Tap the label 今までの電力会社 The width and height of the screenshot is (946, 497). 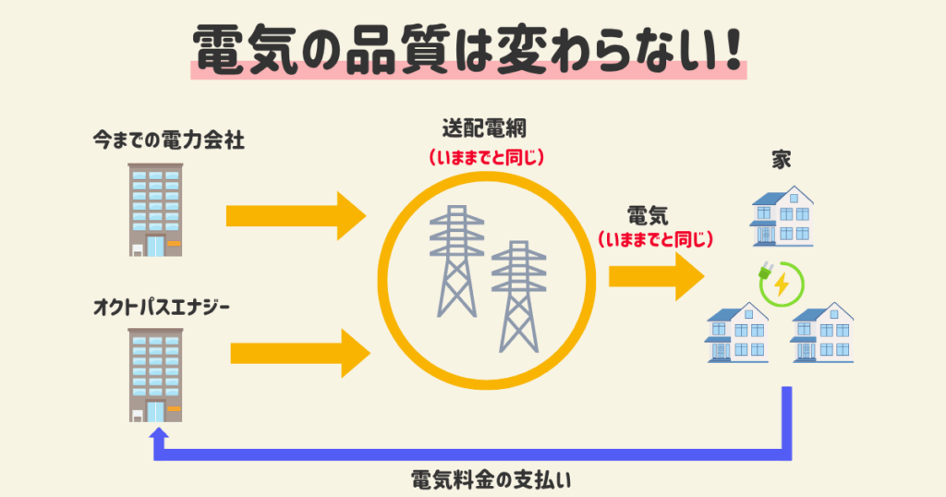(168, 140)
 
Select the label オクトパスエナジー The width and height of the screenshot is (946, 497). (161, 308)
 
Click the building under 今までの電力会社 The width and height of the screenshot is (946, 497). (155, 210)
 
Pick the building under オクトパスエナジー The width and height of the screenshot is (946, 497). (155, 375)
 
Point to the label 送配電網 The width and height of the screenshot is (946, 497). (484, 128)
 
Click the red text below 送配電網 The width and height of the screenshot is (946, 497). (486, 158)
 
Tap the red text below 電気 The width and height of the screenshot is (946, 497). (655, 240)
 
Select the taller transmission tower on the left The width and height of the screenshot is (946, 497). (456, 261)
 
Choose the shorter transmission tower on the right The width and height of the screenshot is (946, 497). (518, 297)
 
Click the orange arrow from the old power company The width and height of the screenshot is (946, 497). (297, 216)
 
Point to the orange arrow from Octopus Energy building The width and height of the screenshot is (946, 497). (300, 354)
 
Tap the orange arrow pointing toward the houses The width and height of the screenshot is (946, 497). (657, 276)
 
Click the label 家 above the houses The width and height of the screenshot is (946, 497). (782, 160)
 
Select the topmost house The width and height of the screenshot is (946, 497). (782, 216)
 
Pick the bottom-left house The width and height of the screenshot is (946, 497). (736, 333)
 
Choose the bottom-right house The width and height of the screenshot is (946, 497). (821, 333)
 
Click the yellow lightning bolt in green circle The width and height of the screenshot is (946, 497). (782, 285)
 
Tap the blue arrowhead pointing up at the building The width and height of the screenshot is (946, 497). (159, 436)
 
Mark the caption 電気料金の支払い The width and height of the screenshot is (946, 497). (491, 480)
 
